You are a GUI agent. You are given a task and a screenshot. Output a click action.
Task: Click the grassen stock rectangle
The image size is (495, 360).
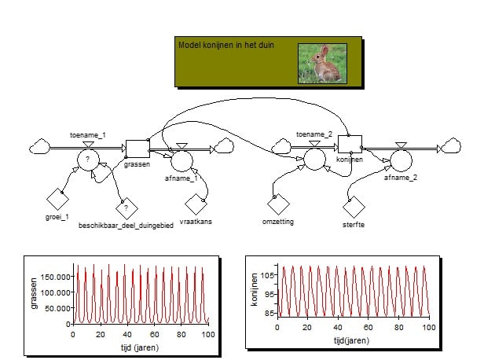point(137,149)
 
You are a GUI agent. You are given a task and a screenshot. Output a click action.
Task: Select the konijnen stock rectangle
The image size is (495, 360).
point(350,145)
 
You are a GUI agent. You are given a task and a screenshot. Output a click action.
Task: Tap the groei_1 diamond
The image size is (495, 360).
point(58,199)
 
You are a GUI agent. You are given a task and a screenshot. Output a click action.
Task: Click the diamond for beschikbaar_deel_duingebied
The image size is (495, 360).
point(126,208)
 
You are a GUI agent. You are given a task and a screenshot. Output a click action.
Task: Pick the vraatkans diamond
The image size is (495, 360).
point(196,204)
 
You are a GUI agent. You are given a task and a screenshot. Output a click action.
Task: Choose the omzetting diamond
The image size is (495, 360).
point(278,204)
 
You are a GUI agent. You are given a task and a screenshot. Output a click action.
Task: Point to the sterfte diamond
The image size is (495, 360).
point(354,208)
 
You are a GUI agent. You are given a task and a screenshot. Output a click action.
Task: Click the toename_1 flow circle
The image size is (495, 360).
point(88,160)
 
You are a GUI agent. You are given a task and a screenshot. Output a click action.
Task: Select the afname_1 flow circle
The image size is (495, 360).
point(181,160)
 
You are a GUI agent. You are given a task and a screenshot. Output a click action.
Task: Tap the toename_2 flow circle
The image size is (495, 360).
point(314,159)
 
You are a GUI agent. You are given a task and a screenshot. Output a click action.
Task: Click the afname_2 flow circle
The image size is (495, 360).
point(401,160)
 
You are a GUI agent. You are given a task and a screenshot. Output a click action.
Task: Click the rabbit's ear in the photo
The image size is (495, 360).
point(324,50)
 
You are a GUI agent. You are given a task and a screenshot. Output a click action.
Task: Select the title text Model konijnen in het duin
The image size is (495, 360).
point(226,45)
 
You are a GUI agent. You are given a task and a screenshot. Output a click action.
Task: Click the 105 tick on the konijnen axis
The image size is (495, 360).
point(268,275)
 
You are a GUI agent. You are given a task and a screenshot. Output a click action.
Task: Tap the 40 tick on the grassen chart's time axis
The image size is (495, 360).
point(127,334)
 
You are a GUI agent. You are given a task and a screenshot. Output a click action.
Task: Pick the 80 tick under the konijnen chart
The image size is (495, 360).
point(398,328)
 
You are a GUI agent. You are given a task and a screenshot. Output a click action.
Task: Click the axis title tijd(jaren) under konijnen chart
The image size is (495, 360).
point(352,340)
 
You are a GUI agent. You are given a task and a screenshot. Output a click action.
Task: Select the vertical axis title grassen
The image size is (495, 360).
point(34,293)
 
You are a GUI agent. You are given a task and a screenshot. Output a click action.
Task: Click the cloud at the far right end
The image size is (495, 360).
point(452,145)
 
